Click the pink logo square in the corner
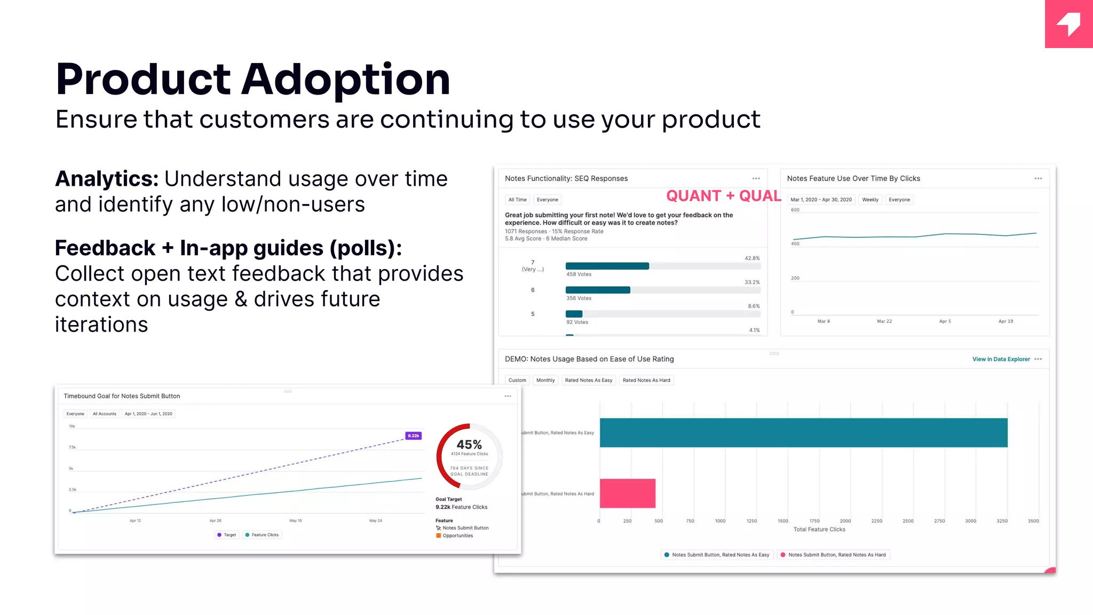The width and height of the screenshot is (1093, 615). click(1068, 24)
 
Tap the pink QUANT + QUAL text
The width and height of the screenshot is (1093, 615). click(723, 196)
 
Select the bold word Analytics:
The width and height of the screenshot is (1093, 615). click(107, 179)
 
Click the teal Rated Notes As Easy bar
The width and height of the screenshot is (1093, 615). click(803, 432)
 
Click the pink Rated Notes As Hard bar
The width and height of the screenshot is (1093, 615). click(627, 493)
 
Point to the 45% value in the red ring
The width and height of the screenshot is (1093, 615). click(469, 445)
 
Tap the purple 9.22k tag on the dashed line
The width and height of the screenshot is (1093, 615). click(414, 436)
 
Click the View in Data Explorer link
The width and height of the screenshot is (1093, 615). click(1001, 359)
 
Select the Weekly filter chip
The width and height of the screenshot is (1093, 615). click(870, 200)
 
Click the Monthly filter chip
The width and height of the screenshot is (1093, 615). click(545, 380)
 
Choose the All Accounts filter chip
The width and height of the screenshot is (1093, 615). click(104, 414)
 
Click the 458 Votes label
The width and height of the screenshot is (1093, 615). click(579, 274)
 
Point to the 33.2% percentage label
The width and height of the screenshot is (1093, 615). click(752, 282)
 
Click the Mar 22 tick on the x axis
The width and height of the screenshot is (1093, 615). click(884, 321)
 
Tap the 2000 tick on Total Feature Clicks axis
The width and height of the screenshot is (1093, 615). click(845, 521)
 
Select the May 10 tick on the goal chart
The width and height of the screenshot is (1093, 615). click(295, 521)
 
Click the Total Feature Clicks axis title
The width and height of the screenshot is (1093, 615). click(819, 530)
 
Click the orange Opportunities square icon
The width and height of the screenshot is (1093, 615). click(439, 535)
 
